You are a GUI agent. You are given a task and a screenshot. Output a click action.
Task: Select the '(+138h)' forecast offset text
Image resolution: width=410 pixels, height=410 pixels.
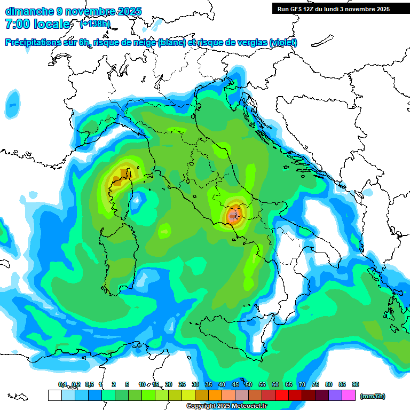tap(94, 24)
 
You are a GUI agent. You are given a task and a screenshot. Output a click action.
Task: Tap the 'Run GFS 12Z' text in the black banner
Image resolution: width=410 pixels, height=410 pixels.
tap(297, 9)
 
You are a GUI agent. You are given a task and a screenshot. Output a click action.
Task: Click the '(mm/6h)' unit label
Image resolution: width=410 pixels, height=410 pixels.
tap(373, 396)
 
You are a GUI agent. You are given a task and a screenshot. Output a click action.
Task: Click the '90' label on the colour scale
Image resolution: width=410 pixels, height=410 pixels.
tap(356, 384)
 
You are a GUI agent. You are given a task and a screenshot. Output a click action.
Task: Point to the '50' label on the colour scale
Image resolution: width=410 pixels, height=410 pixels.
tap(249, 384)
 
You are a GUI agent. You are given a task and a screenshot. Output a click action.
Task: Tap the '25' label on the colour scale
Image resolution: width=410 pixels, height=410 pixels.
tap(182, 384)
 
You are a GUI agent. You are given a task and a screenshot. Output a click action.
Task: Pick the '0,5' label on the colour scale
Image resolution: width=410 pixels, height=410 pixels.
tap(89, 384)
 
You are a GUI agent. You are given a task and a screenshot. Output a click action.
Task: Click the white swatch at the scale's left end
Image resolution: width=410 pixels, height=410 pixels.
tap(54, 395)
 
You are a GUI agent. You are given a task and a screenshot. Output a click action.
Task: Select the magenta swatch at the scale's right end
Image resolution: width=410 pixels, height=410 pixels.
tap(349, 395)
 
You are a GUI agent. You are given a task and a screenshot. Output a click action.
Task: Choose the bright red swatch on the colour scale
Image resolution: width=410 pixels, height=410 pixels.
tap(282, 395)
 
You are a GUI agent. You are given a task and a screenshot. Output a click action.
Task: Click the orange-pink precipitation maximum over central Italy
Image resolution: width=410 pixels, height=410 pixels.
tap(233, 216)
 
